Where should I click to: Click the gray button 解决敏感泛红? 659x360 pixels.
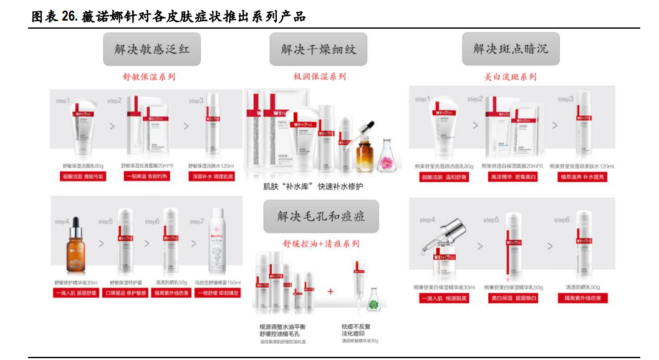pyautogui.click(x=152, y=49)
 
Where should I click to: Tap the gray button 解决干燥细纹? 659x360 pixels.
pyautogui.click(x=318, y=49)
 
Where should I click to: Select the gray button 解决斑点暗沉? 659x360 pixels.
pyautogui.click(x=510, y=49)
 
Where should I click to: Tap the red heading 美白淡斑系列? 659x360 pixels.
pyautogui.click(x=510, y=77)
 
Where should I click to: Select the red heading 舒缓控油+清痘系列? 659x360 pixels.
pyautogui.click(x=320, y=243)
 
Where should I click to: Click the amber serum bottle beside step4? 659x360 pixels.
pyautogui.click(x=76, y=246)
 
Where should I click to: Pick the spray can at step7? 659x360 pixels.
pyautogui.click(x=218, y=243)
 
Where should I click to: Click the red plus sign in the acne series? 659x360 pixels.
pyautogui.click(x=330, y=291)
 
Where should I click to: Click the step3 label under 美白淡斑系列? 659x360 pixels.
pyautogui.click(x=565, y=99)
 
